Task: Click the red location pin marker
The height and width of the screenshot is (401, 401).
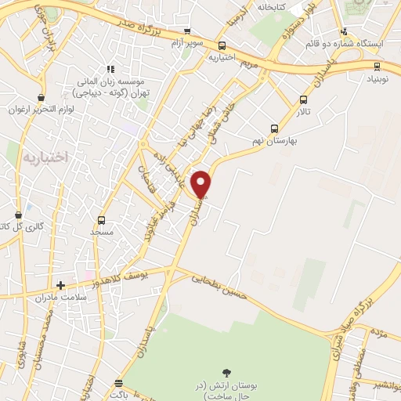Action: pyautogui.click(x=202, y=184)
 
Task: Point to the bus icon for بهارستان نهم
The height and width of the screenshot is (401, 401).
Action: pyautogui.click(x=274, y=128)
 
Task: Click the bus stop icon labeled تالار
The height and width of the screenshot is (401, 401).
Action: pyautogui.click(x=304, y=99)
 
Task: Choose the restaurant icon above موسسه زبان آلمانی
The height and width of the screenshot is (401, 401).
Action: pyautogui.click(x=110, y=69)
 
